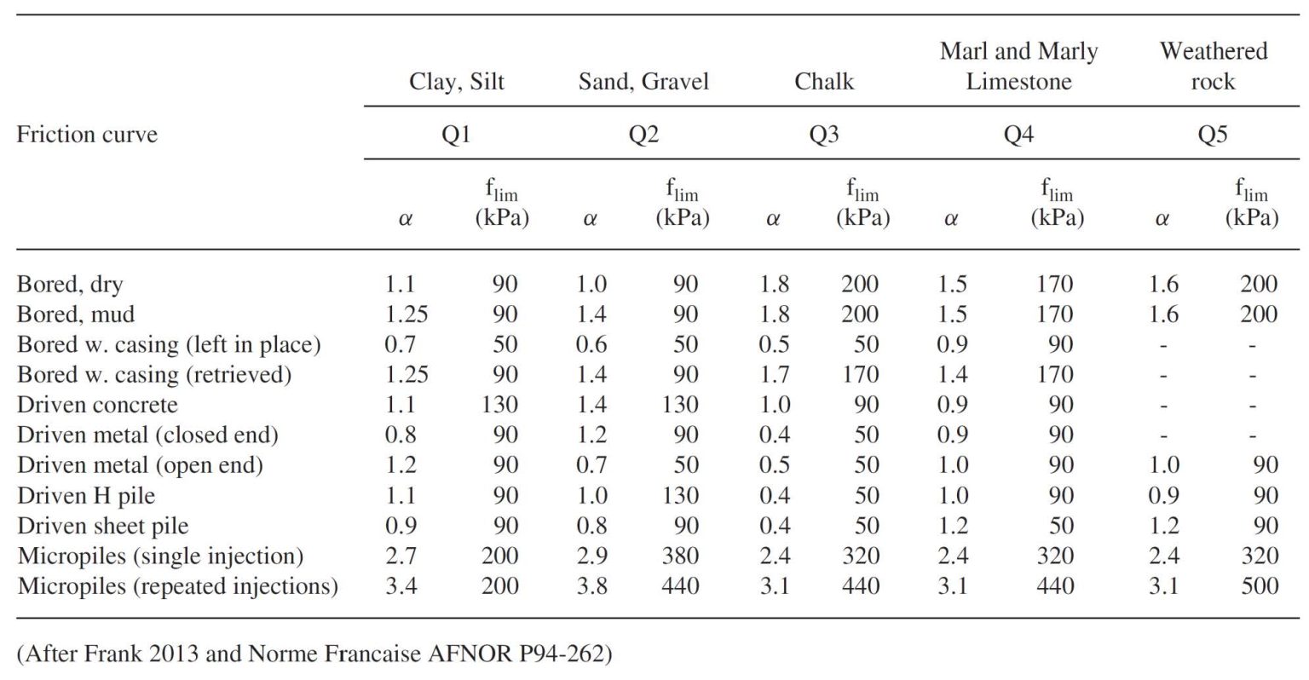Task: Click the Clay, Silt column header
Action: point(457,82)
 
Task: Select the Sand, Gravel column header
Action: point(643,82)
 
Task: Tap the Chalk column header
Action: point(824,82)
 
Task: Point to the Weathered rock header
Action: point(1213,66)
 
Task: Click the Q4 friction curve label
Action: point(1018,135)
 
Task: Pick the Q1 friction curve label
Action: point(457,135)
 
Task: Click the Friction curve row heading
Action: point(87,135)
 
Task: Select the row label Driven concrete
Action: point(97,405)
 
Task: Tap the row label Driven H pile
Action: point(86,496)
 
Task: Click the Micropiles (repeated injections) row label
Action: point(177,586)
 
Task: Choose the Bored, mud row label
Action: point(76,314)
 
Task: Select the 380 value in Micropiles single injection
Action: point(680,556)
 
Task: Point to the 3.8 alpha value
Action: point(591,586)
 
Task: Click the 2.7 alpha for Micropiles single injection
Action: point(401,556)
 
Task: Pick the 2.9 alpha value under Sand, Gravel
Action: point(591,556)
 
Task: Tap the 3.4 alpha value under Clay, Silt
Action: point(401,586)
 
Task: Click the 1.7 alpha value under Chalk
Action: point(774,375)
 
